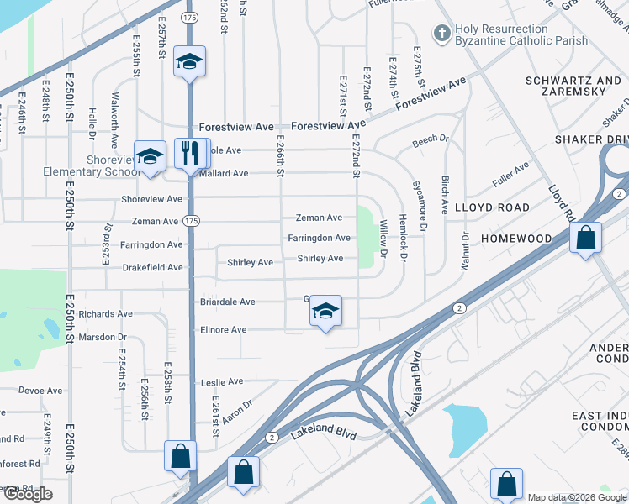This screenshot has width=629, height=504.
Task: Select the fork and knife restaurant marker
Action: [x=190, y=154]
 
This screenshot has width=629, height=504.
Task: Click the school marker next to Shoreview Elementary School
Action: [x=151, y=156]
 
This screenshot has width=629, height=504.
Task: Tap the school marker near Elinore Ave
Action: [x=325, y=312]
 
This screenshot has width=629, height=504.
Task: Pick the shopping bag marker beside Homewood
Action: [x=585, y=238]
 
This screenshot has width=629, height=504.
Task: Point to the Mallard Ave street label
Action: [x=223, y=173]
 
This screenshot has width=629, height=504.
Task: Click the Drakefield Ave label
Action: [x=151, y=267]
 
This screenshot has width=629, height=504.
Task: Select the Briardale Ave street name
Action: [x=226, y=302]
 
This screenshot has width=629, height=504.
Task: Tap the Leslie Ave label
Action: [x=223, y=381]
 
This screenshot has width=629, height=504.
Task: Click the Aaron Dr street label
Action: [x=239, y=411]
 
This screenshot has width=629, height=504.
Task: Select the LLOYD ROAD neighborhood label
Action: [x=492, y=207]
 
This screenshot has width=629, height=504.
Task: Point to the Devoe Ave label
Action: [x=41, y=391]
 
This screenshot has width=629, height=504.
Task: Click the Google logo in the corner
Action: [x=28, y=494]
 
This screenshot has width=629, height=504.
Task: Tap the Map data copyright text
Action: [x=577, y=497]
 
